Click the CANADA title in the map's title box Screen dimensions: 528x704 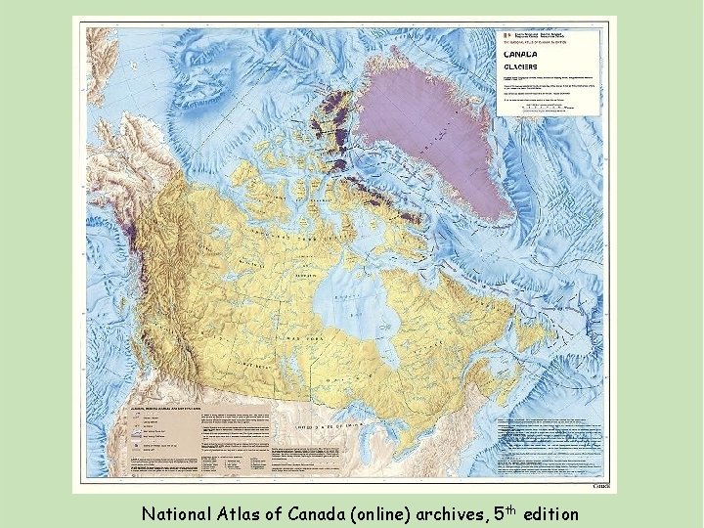[521, 55]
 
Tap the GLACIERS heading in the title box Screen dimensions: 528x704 [523, 68]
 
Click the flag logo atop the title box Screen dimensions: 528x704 [507, 34]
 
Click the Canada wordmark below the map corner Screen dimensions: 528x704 [604, 486]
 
